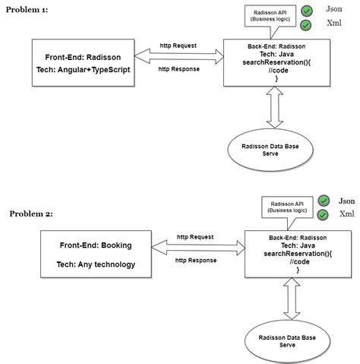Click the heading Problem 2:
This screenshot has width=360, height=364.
pos(31,214)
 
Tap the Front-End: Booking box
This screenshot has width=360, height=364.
pos(96,255)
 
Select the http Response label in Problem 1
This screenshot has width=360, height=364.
pos(178,68)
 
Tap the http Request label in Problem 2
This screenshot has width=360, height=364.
pos(194,236)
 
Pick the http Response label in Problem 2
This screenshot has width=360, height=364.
pos(196,260)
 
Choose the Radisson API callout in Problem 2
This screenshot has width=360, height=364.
pos(287,207)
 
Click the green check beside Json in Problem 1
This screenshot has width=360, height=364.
pos(306,11)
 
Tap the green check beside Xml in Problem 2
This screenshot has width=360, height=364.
pos(323,215)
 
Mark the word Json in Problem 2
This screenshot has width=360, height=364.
pos(346,201)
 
